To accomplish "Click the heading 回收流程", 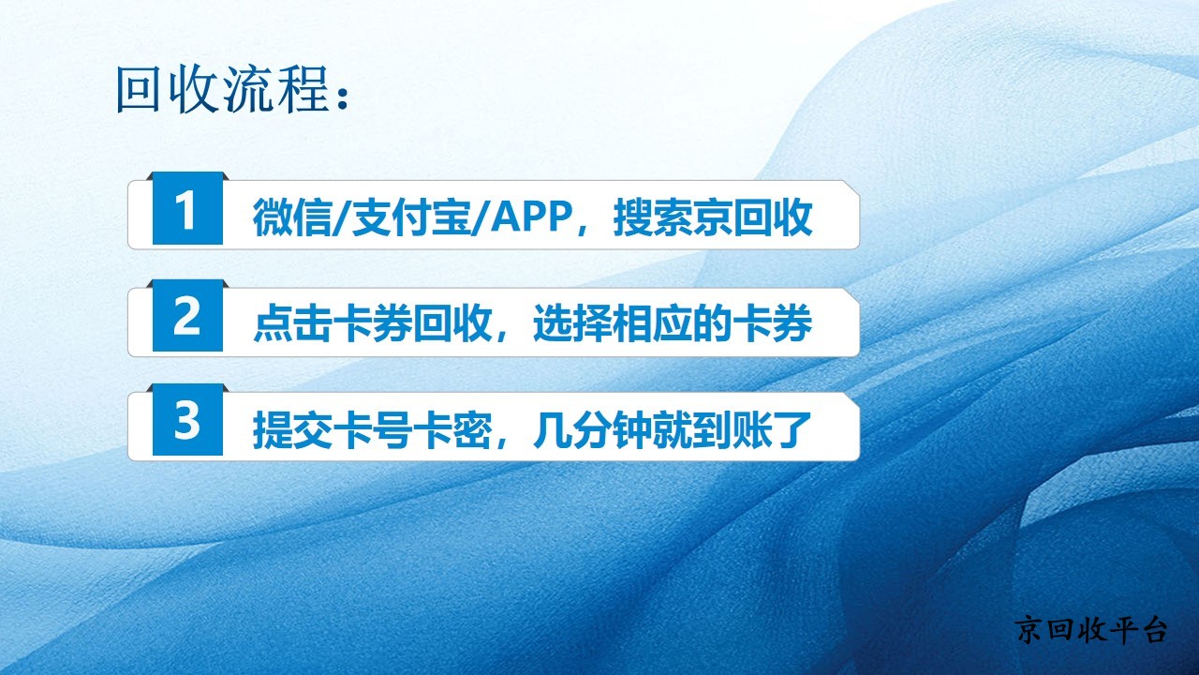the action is [222, 89].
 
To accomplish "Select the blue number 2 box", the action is [187, 316].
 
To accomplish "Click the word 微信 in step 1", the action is [292, 217].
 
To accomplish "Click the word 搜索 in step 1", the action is [653, 217].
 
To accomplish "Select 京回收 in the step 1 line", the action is [753, 217].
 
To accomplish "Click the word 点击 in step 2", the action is [292, 323].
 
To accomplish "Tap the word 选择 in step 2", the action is [572, 323].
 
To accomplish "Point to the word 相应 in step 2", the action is [653, 323].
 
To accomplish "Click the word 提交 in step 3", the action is [292, 429].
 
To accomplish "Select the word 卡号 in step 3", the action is [372, 429].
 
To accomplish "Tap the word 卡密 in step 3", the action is [452, 429].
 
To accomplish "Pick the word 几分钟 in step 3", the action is [593, 429].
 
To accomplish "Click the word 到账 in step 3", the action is [733, 429].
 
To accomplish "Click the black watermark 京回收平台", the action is [1091, 629].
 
